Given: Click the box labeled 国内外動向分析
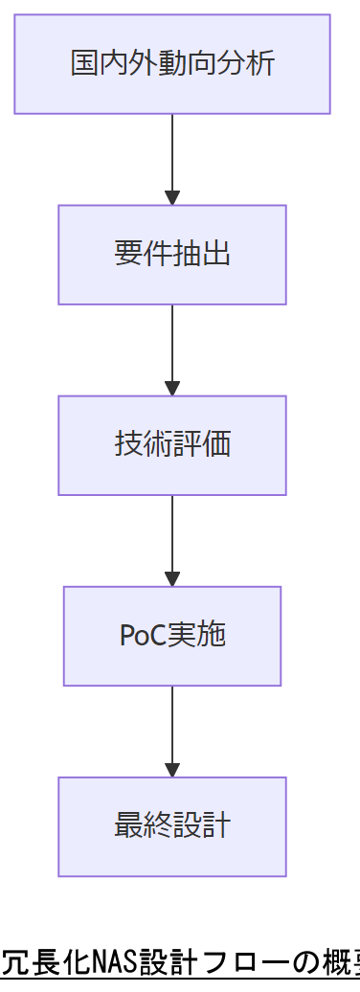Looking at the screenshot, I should [172, 64].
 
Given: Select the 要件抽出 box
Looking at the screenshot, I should [172, 255].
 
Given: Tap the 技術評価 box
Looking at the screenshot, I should [172, 445].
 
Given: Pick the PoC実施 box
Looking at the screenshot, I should [172, 636].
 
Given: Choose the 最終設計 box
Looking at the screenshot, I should [172, 826].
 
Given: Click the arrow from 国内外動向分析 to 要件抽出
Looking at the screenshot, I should [172, 153].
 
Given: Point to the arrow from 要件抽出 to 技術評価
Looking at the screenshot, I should [172, 345].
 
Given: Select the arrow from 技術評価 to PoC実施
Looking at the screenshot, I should [172, 535].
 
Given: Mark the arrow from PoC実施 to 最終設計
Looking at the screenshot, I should [172, 726].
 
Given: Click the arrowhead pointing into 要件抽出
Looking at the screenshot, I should [172, 198].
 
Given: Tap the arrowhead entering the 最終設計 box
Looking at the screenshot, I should [172, 770].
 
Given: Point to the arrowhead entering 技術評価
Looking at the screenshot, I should [172, 389].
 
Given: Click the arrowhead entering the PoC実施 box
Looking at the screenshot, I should [172, 579].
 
